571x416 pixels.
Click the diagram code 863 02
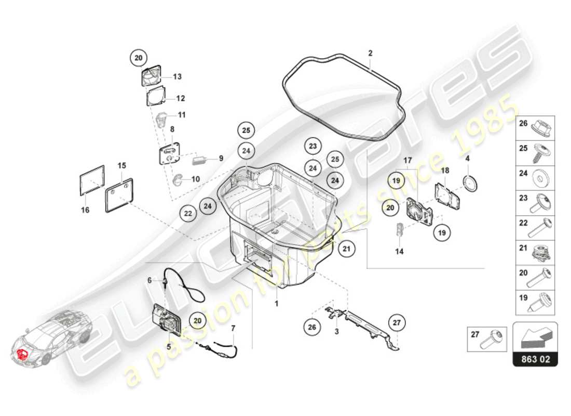(535, 359)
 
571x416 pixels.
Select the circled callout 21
(347, 249)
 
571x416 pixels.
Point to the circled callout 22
(188, 213)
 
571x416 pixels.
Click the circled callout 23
(312, 147)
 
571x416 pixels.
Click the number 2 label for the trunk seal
(370, 53)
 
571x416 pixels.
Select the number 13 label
(177, 77)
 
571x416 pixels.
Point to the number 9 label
(221, 158)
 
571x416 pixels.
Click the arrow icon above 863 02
(535, 336)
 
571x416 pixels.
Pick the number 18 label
(444, 170)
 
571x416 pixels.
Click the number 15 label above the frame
(121, 165)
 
